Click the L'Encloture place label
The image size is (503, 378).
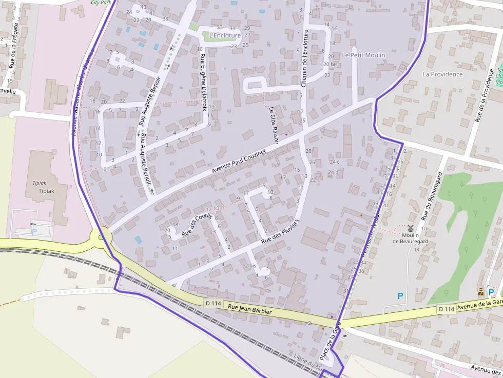tap(225, 35)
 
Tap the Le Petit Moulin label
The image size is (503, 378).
tap(363, 55)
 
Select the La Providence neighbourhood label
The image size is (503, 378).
tap(442, 74)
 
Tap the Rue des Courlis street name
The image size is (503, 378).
tap(197, 224)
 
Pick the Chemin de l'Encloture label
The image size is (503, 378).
tap(305, 58)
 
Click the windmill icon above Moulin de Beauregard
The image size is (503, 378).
tap(410, 228)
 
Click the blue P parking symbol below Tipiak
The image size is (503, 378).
tap(34, 231)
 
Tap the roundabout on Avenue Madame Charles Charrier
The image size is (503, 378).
tap(101, 237)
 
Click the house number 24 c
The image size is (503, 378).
tap(334, 162)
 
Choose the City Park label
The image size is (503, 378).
tap(101, 3)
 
